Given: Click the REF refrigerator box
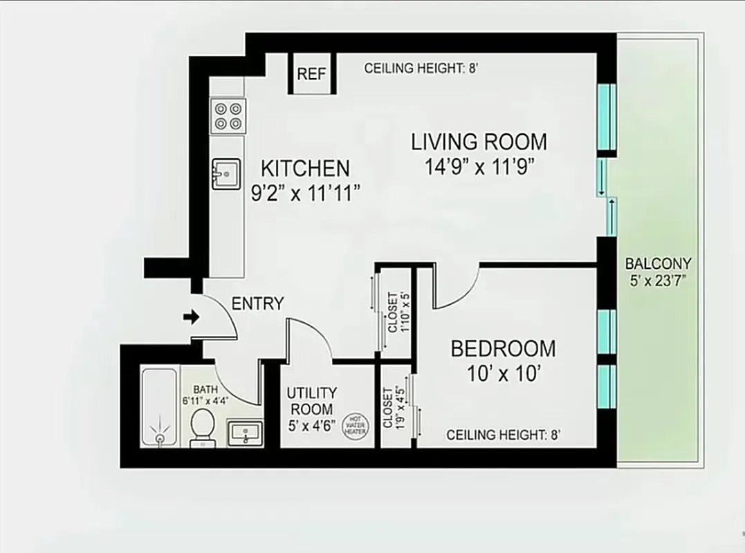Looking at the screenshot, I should pyautogui.click(x=311, y=73).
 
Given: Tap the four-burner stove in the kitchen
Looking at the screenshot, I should pyautogui.click(x=228, y=115).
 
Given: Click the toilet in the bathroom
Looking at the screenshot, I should pyautogui.click(x=203, y=424).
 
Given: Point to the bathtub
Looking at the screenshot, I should pyautogui.click(x=160, y=408).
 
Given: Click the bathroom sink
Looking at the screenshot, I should pyautogui.click(x=245, y=433).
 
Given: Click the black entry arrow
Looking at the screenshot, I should pyautogui.click(x=190, y=317).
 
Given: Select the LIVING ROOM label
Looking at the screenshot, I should pyautogui.click(x=479, y=142).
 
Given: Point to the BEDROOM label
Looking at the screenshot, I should pyautogui.click(x=503, y=348).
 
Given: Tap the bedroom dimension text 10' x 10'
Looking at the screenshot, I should pyautogui.click(x=503, y=374).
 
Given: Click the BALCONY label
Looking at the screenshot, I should pyautogui.click(x=658, y=263).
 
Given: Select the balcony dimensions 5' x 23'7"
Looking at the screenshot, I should pyautogui.click(x=658, y=281).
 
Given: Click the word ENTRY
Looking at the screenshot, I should pyautogui.click(x=257, y=303).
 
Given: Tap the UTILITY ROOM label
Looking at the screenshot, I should pyautogui.click(x=312, y=401).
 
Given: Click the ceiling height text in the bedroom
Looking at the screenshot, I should pyautogui.click(x=503, y=435).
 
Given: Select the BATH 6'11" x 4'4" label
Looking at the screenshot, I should pyautogui.click(x=205, y=394).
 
